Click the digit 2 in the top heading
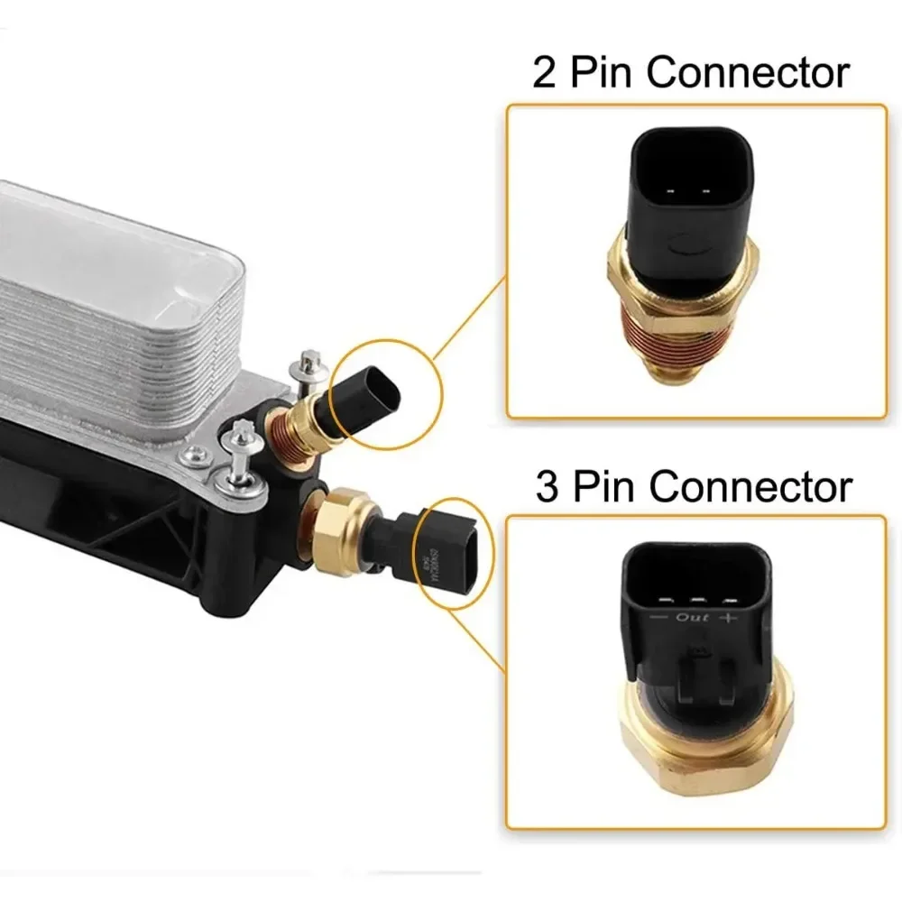[545, 73]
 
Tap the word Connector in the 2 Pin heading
[747, 72]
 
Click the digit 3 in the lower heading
[547, 486]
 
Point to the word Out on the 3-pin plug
[692, 618]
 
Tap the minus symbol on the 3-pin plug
[658, 619]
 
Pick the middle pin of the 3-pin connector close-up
[694, 599]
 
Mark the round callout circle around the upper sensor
[383, 392]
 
